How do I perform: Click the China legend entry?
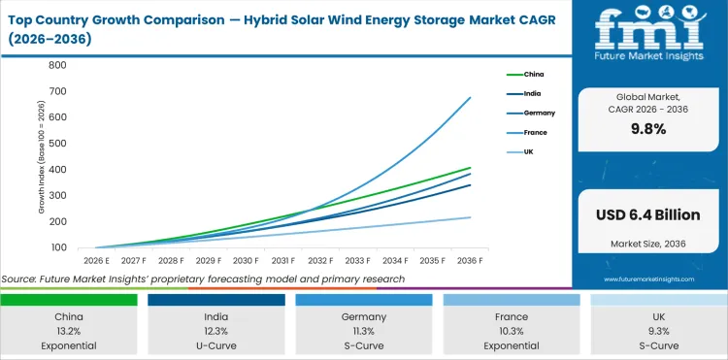(534, 74)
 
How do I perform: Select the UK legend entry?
(529, 151)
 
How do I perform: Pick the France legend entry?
(535, 132)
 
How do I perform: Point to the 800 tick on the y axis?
(56, 65)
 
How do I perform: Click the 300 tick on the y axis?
(56, 196)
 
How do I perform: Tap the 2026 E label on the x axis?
(95, 261)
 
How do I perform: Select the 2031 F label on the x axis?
(282, 261)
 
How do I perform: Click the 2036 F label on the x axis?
(471, 261)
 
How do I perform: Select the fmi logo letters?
(649, 28)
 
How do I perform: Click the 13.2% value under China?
(69, 330)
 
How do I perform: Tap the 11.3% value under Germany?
(364, 330)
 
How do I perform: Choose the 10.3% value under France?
(512, 330)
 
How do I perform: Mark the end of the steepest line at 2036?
(471, 97)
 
